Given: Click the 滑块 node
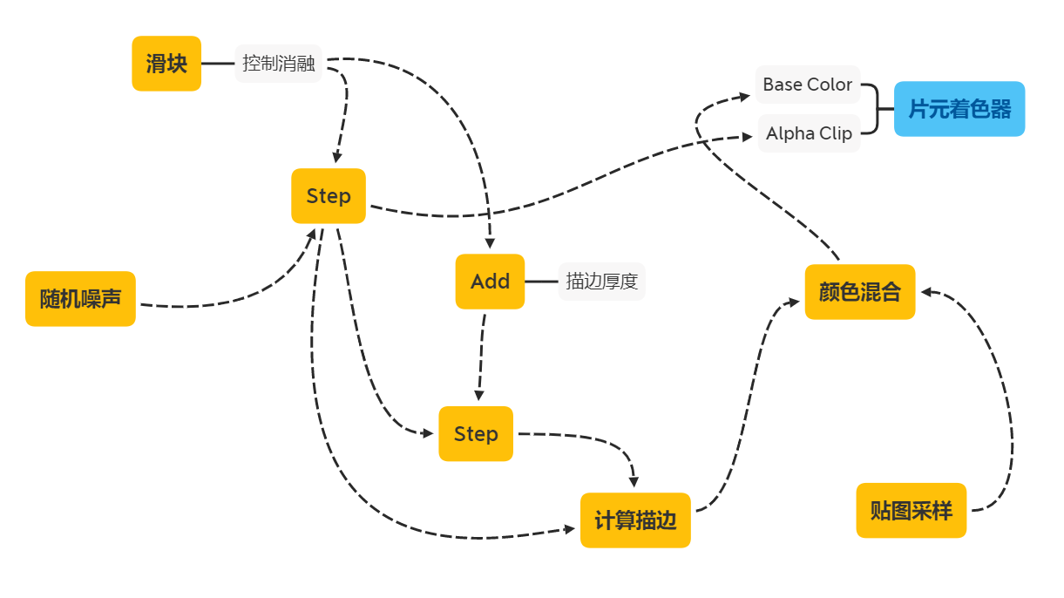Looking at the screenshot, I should coord(166,64).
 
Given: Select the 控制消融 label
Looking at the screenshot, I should coord(278,64).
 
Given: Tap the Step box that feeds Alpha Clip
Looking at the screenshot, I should coord(329,196).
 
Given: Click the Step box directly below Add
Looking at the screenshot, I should coord(476,434).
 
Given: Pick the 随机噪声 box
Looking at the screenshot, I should coord(80,299).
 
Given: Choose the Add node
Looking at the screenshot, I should coord(490,282).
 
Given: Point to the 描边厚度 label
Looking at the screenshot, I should coord(601,282).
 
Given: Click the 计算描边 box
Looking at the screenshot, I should coord(635,520).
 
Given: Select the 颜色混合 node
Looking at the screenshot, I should coord(859,292).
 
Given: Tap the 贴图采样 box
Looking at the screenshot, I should coord(911,511).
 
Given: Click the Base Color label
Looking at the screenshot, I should coord(808,85).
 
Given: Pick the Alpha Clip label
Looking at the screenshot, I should coord(809,133).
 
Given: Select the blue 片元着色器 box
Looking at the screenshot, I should coord(960,109).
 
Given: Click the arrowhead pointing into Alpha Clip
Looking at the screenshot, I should coord(748,136).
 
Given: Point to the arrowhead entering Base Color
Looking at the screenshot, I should coord(746,95).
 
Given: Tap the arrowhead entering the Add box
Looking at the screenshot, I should coord(490,244).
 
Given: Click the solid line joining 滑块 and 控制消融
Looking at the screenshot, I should coord(218,64).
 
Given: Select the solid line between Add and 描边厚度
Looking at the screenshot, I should coord(541,282).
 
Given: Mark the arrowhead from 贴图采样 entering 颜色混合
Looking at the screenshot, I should coord(927,293).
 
